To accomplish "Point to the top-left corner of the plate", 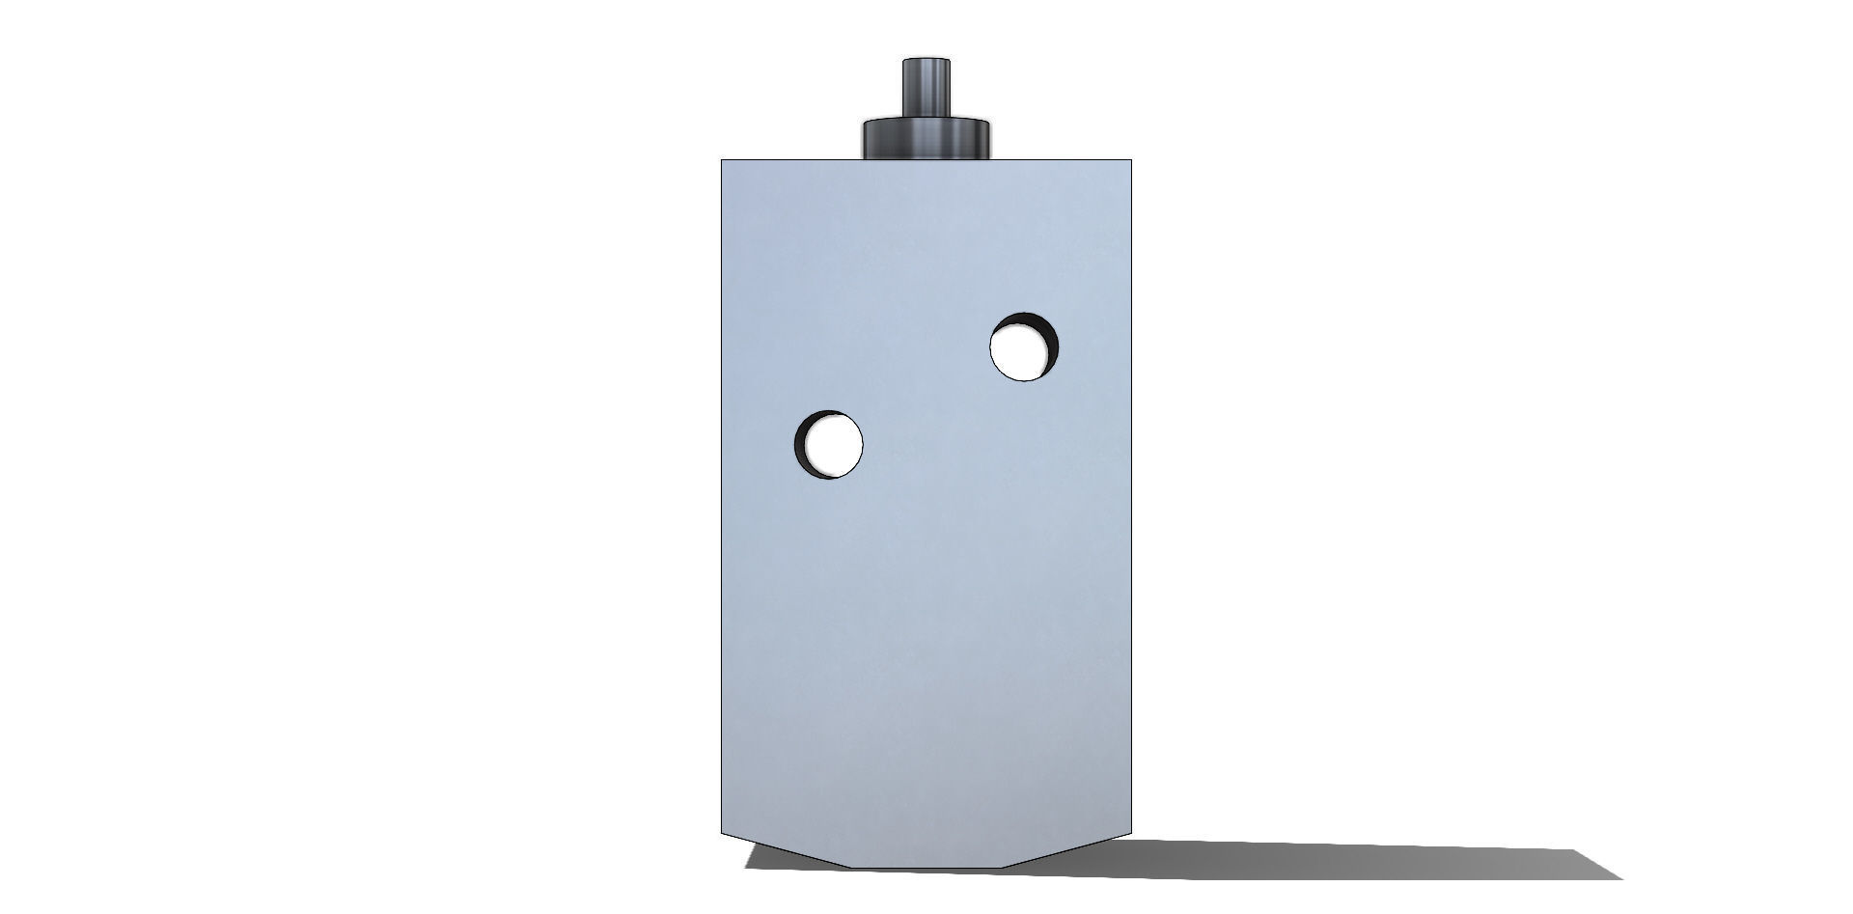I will (723, 160).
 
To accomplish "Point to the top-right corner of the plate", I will (1131, 160).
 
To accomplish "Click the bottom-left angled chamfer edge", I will (784, 850).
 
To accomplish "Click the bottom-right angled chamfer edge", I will (1067, 850).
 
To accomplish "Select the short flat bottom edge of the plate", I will (925, 867).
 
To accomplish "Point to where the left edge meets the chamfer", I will (723, 833).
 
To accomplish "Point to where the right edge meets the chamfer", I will (1131, 833).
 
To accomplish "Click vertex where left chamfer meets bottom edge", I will (849, 867).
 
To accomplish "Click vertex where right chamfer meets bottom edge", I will (1001, 867).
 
